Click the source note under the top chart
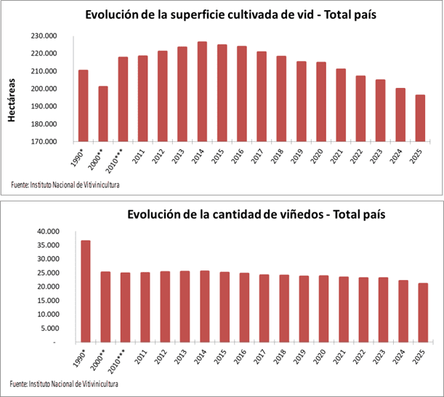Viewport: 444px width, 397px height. pyautogui.click(x=65, y=185)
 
